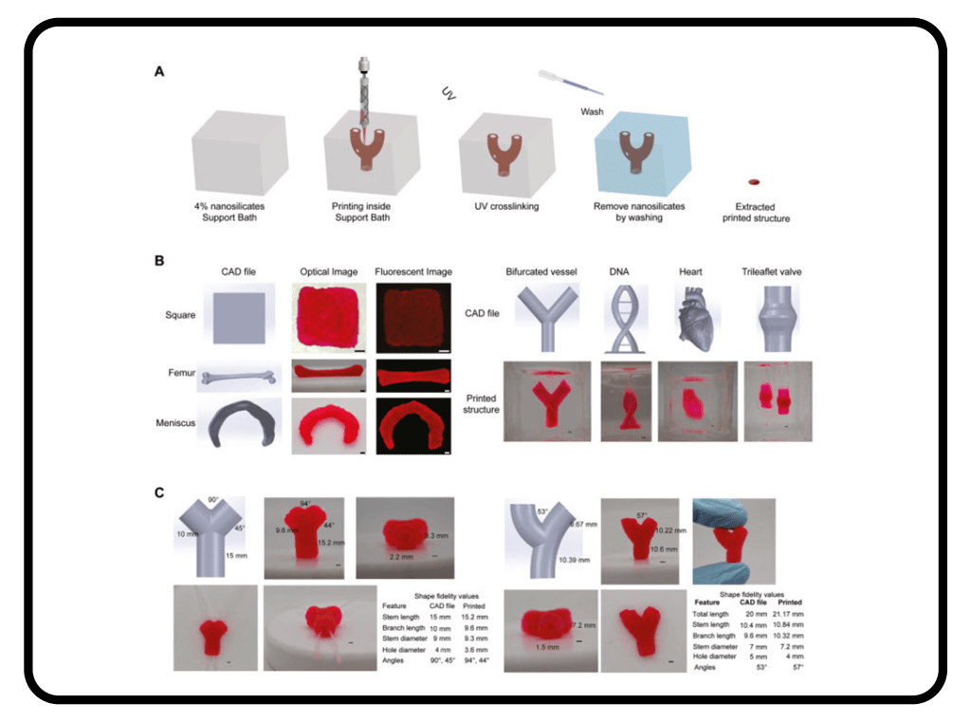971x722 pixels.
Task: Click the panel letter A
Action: click(x=160, y=71)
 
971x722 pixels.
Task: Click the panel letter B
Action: click(x=160, y=259)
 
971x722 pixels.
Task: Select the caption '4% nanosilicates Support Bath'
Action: click(x=232, y=212)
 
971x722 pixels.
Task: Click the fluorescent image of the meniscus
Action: click(x=411, y=426)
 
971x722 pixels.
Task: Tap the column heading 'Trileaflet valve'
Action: click(x=777, y=272)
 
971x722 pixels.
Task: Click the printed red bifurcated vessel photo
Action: click(x=547, y=402)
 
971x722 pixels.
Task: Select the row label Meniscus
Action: click(x=176, y=422)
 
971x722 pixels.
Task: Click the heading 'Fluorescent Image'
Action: click(x=411, y=272)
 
